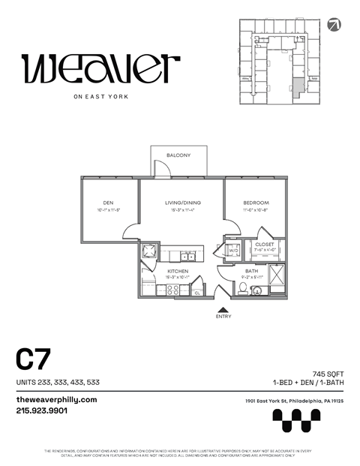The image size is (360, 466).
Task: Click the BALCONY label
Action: [x=178, y=155]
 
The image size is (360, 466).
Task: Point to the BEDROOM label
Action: [x=256, y=203]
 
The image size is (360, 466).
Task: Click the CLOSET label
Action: [x=264, y=244]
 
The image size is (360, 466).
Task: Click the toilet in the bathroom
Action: [x=242, y=287]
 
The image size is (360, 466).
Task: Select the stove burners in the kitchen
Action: [x=172, y=288]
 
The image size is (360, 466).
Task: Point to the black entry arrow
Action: [x=223, y=308]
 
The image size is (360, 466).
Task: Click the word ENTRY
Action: [x=223, y=317]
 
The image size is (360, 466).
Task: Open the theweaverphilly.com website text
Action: [x=57, y=399]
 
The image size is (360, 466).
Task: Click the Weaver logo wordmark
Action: [x=100, y=69]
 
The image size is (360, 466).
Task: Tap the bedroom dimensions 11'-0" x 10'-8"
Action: [x=256, y=211]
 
